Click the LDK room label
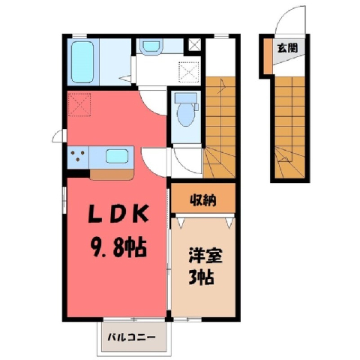(118, 214)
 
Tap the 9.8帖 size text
(118, 248)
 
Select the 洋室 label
(205, 255)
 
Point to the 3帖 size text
(201, 277)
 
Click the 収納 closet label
(203, 200)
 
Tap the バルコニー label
(131, 337)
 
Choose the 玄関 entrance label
(288, 48)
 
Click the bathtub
(82, 62)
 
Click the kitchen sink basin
(117, 156)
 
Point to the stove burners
(78, 156)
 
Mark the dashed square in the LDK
(79, 104)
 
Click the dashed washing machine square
(189, 72)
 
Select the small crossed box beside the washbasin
(194, 45)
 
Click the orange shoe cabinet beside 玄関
(268, 56)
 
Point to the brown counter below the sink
(112, 175)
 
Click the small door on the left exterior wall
(59, 136)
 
